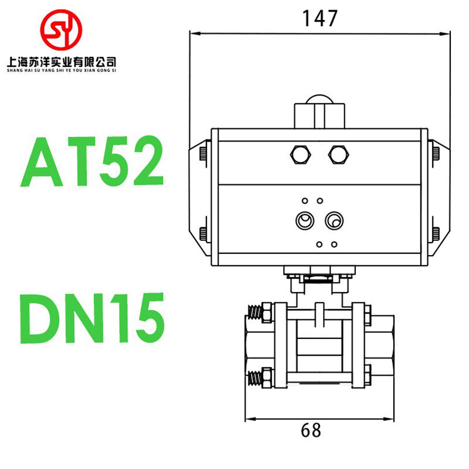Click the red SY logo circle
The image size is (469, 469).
pyautogui.click(x=60, y=29)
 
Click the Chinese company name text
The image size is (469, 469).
pyautogui.click(x=60, y=60)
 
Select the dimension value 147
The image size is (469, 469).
pyautogui.click(x=320, y=19)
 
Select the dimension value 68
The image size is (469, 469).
pyautogui.click(x=311, y=431)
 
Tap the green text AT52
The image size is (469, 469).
pyautogui.click(x=92, y=162)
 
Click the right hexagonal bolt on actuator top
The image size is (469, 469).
pyautogui.click(x=338, y=154)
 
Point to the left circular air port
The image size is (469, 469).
pyautogui.click(x=304, y=221)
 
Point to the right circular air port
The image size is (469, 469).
pyautogui.click(x=334, y=221)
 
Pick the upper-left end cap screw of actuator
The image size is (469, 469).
pyautogui.click(x=202, y=154)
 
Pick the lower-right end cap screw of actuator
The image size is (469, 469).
pyautogui.click(x=436, y=233)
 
